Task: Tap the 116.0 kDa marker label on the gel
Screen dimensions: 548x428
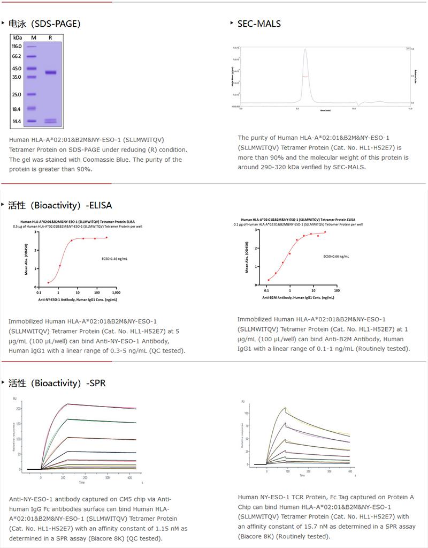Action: tap(17, 47)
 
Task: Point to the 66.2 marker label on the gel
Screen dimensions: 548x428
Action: tap(17, 56)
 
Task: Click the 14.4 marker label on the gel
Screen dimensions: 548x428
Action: tap(17, 122)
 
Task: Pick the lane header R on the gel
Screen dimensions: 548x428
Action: tap(50, 37)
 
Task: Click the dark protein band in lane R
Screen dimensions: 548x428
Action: tap(50, 72)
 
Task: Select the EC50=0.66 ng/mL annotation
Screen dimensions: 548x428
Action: tap(337, 257)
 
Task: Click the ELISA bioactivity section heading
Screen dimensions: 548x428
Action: tap(60, 205)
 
